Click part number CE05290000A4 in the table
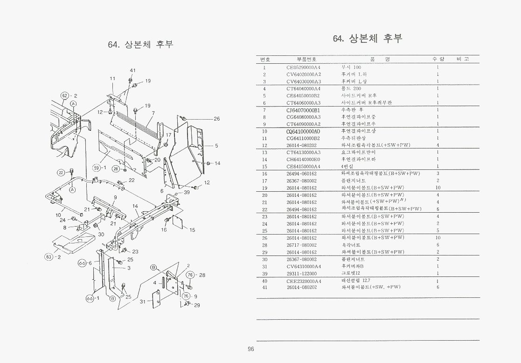303,67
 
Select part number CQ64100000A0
303,131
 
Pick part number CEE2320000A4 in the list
304,281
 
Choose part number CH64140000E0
303,160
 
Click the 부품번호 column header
306,59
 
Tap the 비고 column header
463,59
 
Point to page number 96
251,350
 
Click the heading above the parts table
367,39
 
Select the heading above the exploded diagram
140,45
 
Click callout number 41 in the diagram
132,70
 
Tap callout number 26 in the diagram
216,119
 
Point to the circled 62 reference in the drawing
65,96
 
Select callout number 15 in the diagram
192,230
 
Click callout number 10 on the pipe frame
58,215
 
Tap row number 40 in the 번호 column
264,281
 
